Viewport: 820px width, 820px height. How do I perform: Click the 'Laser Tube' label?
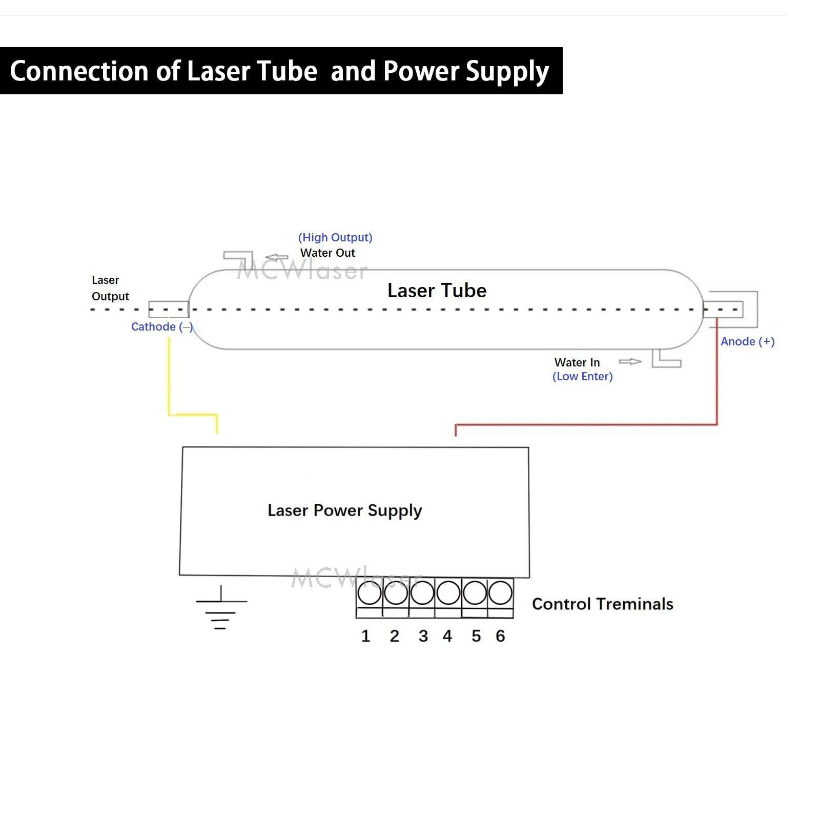[x=437, y=291]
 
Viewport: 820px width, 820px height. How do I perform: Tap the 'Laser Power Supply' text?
[x=345, y=510]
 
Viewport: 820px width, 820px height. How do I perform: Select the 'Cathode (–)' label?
[x=162, y=327]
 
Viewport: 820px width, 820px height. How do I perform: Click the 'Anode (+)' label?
[x=747, y=342]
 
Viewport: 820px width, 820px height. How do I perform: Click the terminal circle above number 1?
[x=370, y=593]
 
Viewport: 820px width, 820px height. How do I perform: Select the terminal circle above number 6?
[x=500, y=593]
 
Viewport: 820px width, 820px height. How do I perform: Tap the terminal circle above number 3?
[x=422, y=593]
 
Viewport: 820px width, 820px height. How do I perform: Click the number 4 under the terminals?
[x=447, y=636]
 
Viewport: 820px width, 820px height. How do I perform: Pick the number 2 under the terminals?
[x=394, y=636]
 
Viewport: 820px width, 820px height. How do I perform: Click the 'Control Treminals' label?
[x=603, y=604]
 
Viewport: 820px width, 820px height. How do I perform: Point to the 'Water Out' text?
[x=327, y=253]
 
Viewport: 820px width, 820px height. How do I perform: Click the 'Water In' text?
[x=577, y=362]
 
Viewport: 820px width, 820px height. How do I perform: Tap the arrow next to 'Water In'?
[x=630, y=362]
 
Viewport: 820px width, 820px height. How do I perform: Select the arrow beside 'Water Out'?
[x=277, y=257]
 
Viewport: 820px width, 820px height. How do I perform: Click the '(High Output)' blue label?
[x=335, y=237]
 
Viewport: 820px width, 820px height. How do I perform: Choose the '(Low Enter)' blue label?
[x=583, y=377]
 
